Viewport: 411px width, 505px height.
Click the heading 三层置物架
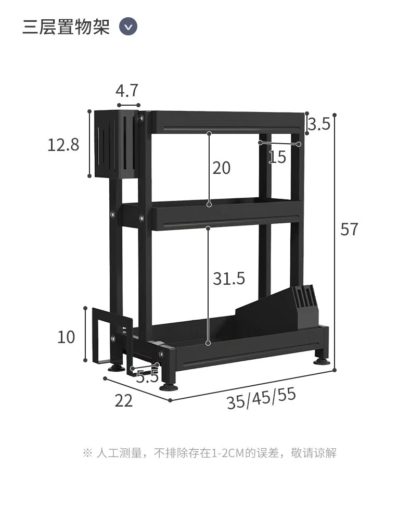(x=66, y=27)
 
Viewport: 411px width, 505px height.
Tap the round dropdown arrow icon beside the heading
(x=128, y=27)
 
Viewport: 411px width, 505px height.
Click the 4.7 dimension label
(x=127, y=91)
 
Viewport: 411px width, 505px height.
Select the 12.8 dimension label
(x=63, y=145)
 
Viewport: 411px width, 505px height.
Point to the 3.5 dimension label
(x=319, y=124)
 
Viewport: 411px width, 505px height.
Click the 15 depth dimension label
(x=277, y=157)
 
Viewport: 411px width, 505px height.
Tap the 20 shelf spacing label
(x=221, y=168)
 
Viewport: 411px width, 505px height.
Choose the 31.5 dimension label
(x=228, y=279)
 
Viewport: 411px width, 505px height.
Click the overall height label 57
(x=350, y=229)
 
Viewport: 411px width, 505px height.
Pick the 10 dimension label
(x=66, y=337)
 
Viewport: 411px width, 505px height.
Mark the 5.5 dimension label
(x=147, y=376)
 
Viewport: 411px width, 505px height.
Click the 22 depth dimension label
(x=124, y=401)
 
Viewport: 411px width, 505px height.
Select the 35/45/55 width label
(x=261, y=398)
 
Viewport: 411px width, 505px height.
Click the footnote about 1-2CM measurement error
(x=210, y=453)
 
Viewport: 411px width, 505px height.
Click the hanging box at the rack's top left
(x=115, y=144)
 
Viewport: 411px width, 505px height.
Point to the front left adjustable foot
(x=169, y=386)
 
